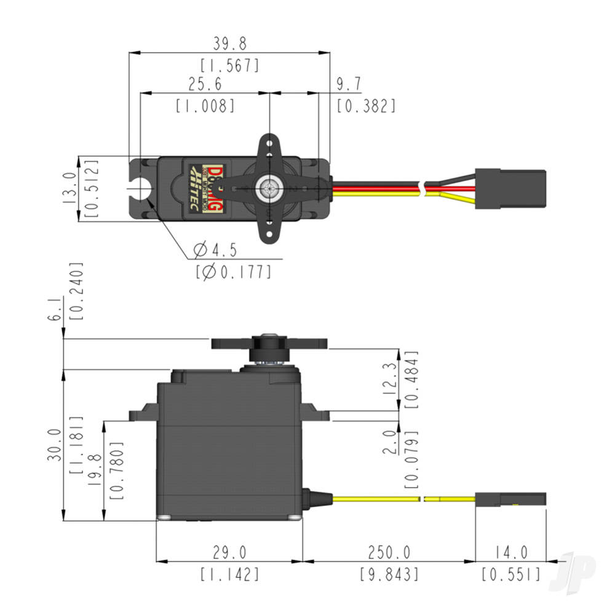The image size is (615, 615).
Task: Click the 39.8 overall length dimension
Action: coord(229,44)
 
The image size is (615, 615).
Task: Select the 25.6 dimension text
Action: coord(205,84)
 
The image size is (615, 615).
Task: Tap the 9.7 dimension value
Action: coord(349,84)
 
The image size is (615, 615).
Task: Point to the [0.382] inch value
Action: coord(366,106)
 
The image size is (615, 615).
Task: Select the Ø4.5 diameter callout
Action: coord(215,250)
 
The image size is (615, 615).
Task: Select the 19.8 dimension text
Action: coord(94,470)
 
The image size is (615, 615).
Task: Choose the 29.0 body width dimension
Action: coord(229,552)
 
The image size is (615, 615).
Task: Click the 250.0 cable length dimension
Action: coord(389,552)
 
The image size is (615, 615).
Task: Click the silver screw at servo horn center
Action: coord(269,187)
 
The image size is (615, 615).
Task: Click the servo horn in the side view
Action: coord(269,343)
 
